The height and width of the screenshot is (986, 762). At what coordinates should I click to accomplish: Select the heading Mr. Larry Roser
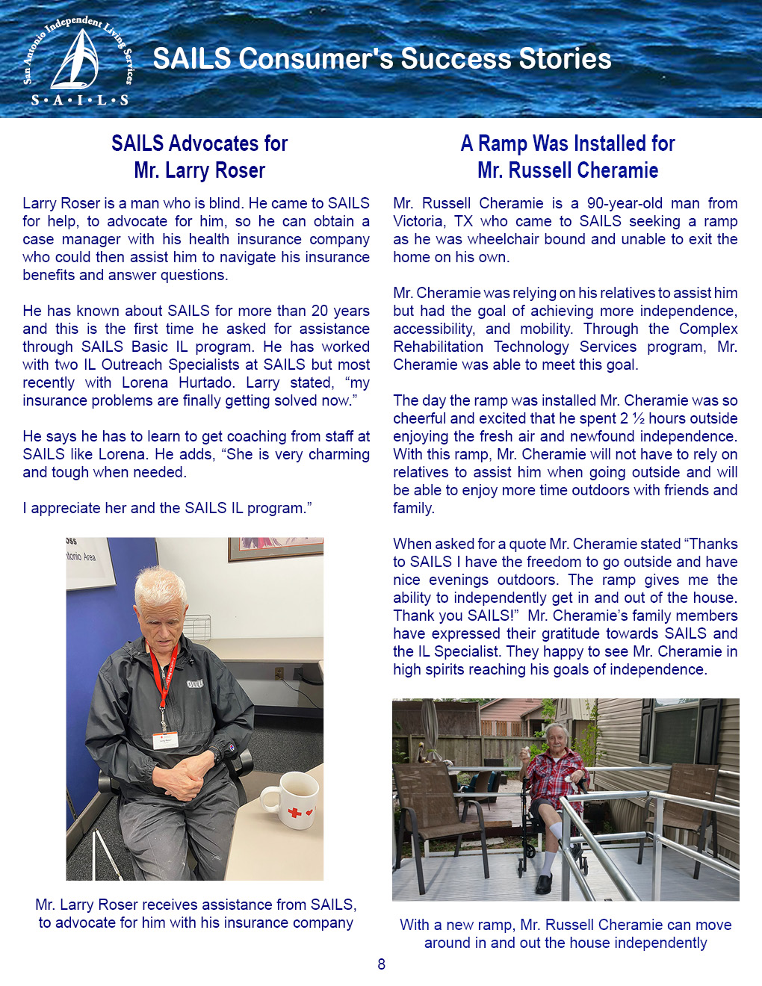tap(199, 170)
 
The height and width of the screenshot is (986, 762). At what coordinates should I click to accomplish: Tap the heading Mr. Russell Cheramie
tap(568, 170)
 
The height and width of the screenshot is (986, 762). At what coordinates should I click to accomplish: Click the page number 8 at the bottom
tap(381, 964)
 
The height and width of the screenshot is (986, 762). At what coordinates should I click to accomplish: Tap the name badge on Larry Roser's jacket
tap(166, 739)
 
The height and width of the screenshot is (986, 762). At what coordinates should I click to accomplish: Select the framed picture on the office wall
tap(276, 548)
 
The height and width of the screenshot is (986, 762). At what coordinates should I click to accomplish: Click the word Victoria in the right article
tap(419, 221)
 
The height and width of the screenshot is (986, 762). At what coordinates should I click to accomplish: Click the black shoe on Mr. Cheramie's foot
tap(545, 884)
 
